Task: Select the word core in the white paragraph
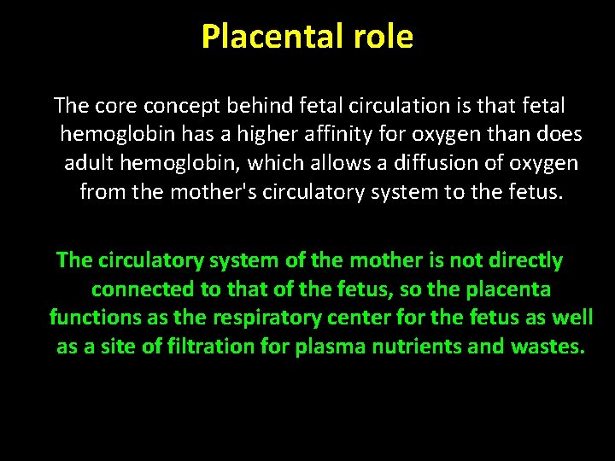coord(115,106)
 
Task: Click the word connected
coord(143,289)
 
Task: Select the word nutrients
coord(410,347)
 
